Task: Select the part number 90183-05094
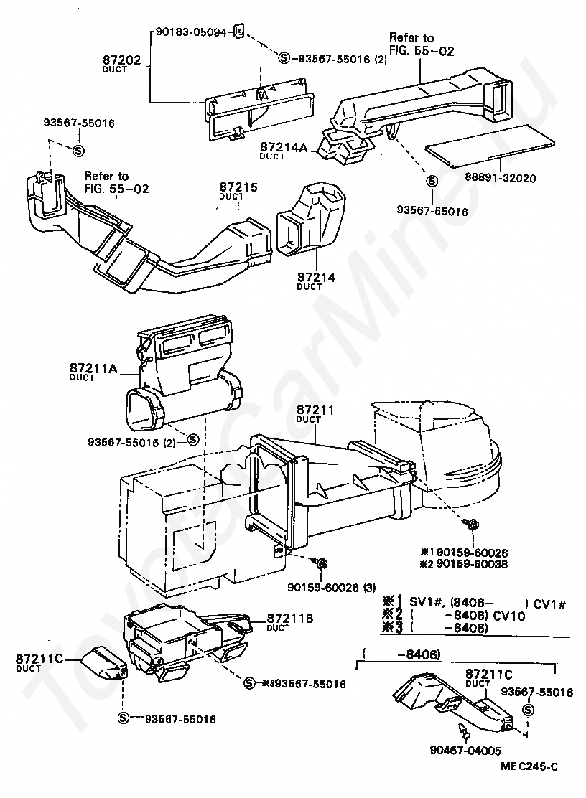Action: coord(191,32)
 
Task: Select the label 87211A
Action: coord(93,370)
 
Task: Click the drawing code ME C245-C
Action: coord(530,766)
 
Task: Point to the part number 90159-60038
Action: coord(473,564)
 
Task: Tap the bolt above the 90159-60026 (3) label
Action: coord(321,560)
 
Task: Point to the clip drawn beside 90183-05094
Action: coord(241,32)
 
